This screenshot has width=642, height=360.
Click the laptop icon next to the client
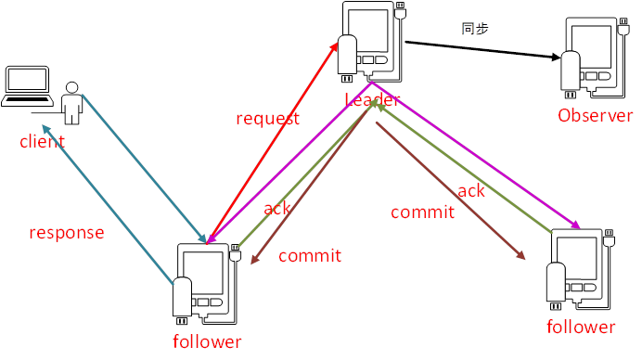[x=26, y=85]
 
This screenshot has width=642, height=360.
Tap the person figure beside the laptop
[x=71, y=102]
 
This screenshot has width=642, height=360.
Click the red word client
[x=42, y=141]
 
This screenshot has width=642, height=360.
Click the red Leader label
[x=373, y=98]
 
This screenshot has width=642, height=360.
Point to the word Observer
[x=595, y=115]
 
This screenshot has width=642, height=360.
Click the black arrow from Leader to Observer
[x=482, y=48]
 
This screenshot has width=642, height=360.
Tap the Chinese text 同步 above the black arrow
[x=475, y=28]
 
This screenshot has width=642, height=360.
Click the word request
[x=267, y=118]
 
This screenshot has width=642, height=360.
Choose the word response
[x=66, y=232]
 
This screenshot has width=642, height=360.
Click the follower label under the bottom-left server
[x=207, y=341]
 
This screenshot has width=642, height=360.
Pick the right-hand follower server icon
[x=579, y=269]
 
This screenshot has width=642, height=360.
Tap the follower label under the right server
[x=582, y=327]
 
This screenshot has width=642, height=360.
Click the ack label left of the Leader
[x=277, y=208]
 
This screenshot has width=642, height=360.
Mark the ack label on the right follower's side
[x=471, y=190]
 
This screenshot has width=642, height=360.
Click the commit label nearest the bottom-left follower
[x=310, y=255]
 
